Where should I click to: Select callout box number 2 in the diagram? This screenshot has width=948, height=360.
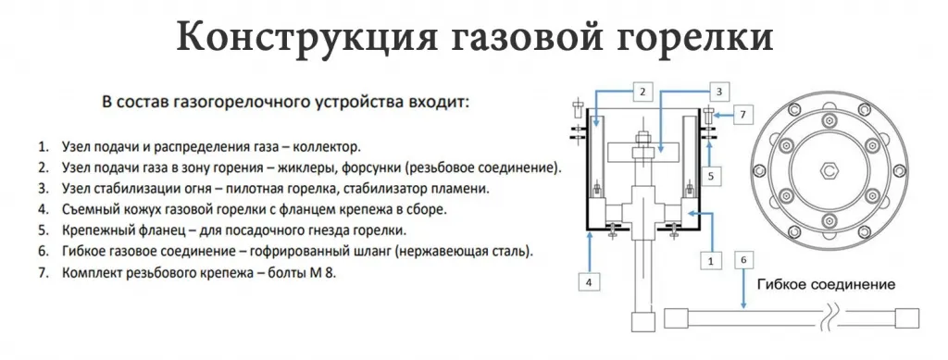click(645, 91)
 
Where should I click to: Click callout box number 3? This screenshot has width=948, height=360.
click(717, 91)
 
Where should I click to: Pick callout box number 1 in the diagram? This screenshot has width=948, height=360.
click(711, 262)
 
